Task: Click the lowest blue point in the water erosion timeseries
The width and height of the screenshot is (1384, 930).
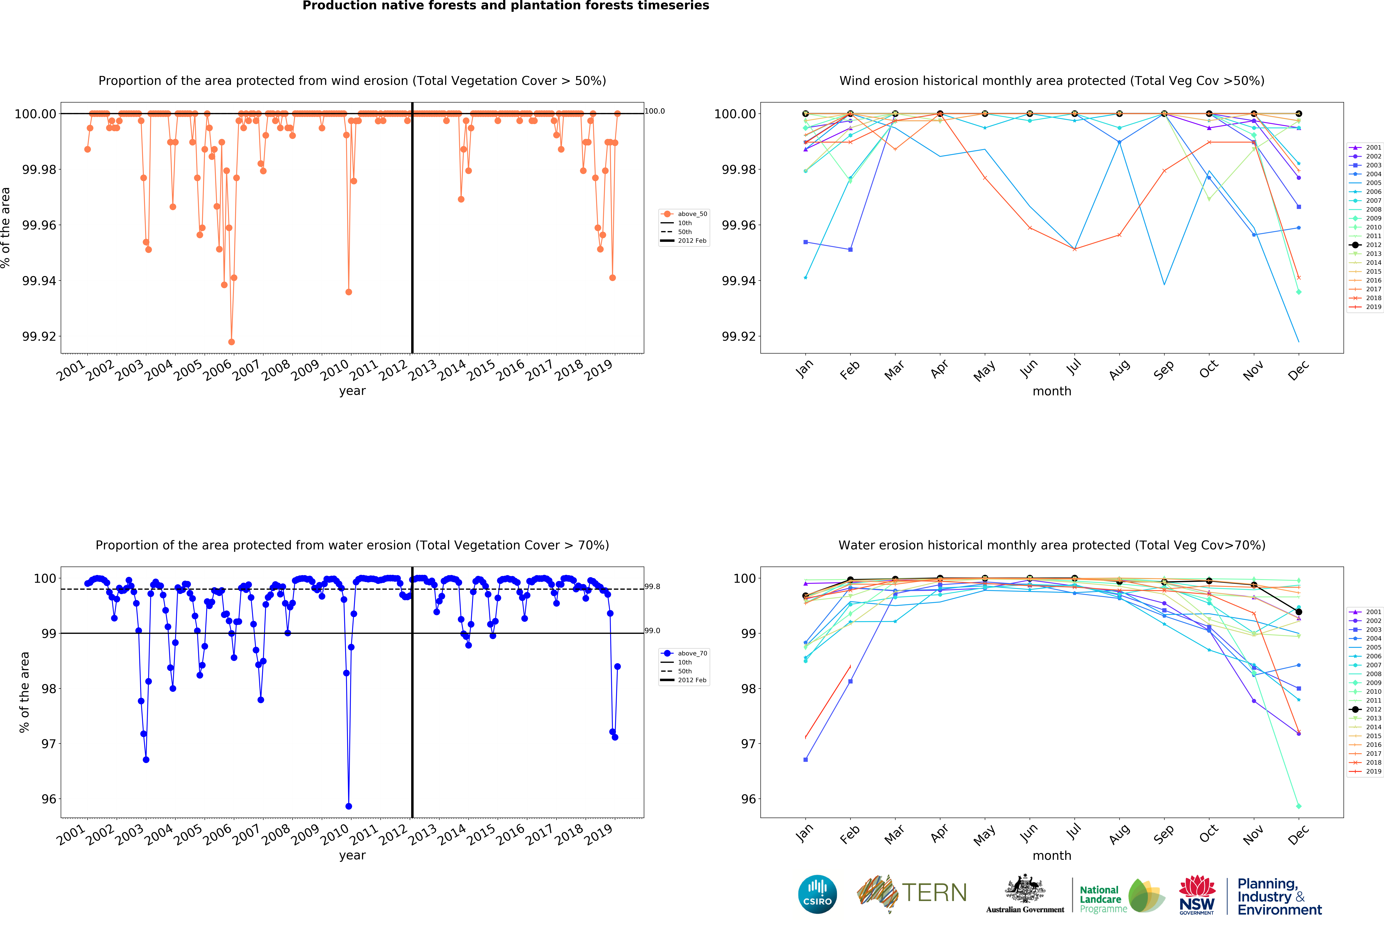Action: coord(349,806)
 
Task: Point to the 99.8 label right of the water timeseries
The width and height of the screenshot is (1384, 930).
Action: coord(652,587)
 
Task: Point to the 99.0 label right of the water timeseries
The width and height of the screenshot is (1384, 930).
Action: coord(652,630)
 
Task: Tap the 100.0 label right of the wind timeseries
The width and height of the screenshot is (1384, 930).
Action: coord(655,111)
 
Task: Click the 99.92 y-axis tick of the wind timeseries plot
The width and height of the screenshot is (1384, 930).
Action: coord(39,336)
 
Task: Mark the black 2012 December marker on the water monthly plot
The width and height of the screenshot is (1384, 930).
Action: coord(1299,612)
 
